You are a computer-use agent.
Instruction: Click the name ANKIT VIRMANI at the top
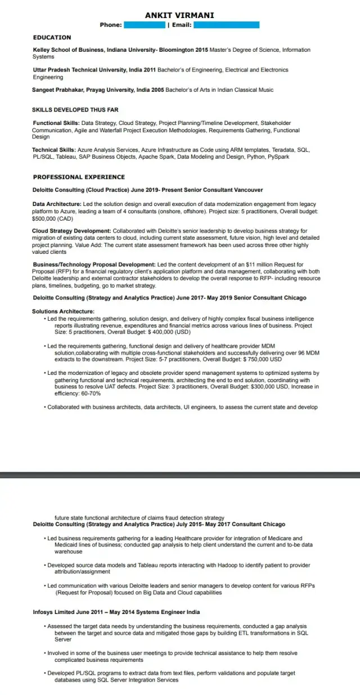(x=179, y=15)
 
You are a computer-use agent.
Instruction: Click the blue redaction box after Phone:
(x=144, y=25)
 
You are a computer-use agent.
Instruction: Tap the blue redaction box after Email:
(x=226, y=25)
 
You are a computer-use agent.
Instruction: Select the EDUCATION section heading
(x=52, y=38)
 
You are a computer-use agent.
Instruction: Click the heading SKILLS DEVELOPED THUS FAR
(x=75, y=110)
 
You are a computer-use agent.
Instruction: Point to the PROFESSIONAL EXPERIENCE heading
(x=79, y=177)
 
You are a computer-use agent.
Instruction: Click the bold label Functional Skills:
(x=56, y=123)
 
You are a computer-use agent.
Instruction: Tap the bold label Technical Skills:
(x=54, y=150)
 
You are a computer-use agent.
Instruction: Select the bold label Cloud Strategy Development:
(x=71, y=231)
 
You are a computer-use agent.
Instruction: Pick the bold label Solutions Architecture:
(x=63, y=311)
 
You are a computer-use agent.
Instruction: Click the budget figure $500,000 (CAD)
(x=49, y=218)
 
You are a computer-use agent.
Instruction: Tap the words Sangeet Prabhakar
(x=59, y=90)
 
